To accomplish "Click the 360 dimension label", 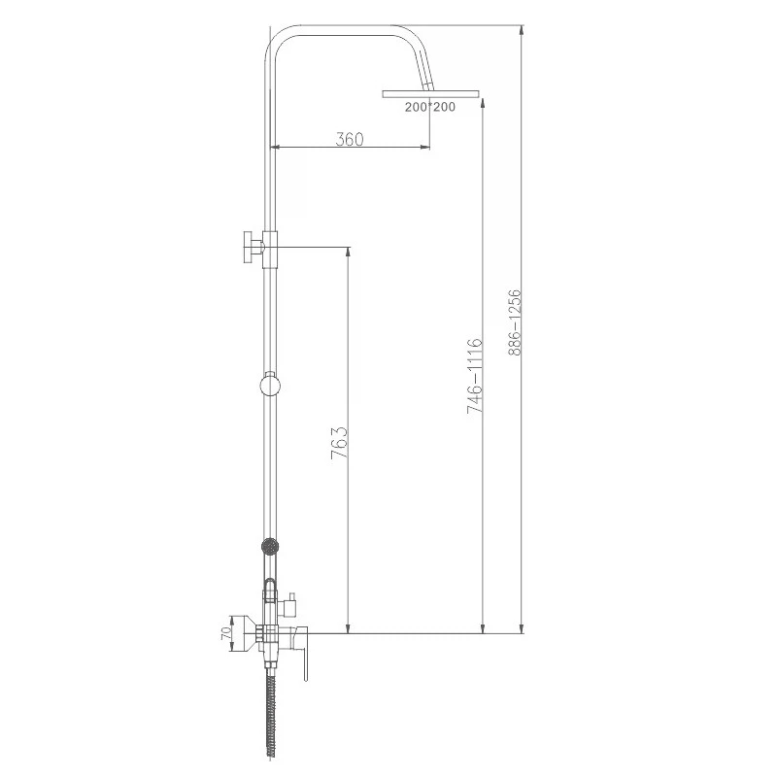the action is pyautogui.click(x=350, y=139).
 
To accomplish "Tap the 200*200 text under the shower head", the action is pyautogui.click(x=429, y=107).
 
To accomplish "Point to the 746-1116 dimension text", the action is pyautogui.click(x=474, y=376).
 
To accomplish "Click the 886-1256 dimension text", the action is pyautogui.click(x=515, y=322).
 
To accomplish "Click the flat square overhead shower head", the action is pyautogui.click(x=430, y=93).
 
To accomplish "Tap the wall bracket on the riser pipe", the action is pyautogui.click(x=260, y=249).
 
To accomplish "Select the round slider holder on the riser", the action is pyautogui.click(x=270, y=385).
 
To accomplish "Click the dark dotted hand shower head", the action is pyautogui.click(x=270, y=547).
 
